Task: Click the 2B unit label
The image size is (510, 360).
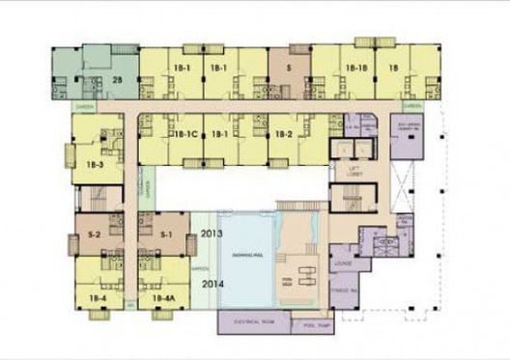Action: click(118, 80)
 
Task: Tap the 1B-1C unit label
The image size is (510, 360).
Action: click(184, 133)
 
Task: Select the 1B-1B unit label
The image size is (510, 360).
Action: click(356, 69)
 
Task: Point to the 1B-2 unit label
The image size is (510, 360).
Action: click(282, 133)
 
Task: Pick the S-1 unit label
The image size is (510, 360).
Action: click(164, 234)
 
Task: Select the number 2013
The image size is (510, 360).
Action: click(212, 235)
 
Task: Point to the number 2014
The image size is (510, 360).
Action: click(212, 283)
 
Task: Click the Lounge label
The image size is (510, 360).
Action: click(344, 262)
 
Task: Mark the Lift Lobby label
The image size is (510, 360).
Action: click(346, 171)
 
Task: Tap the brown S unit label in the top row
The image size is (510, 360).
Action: click(289, 69)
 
